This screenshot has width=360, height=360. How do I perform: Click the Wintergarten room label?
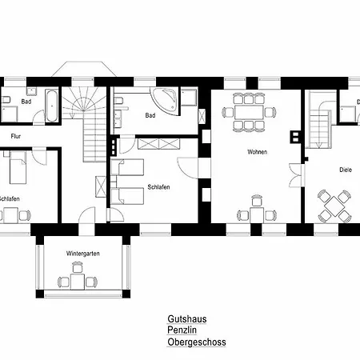[x=83, y=254]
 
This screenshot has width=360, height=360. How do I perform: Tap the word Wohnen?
[x=257, y=152]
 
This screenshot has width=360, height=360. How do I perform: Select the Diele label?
[x=346, y=170]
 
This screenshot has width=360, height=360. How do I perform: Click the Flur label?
[x=16, y=136]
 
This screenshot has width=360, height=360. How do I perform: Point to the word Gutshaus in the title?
[x=187, y=319]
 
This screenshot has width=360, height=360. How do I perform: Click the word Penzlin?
[x=182, y=330]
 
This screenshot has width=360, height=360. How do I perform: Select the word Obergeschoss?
[x=197, y=342]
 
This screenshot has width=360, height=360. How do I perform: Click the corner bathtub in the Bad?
[x=164, y=102]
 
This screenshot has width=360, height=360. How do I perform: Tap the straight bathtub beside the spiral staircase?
[x=52, y=106]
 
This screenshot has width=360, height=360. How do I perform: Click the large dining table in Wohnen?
[x=249, y=112]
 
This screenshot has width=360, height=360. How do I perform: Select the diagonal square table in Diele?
[x=334, y=206]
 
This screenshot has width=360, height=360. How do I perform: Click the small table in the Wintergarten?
[x=78, y=282]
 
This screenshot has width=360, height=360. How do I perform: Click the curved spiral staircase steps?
[x=84, y=102]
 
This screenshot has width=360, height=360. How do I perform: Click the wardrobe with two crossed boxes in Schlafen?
[x=158, y=144]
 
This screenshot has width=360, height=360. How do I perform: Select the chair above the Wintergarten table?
[x=78, y=267]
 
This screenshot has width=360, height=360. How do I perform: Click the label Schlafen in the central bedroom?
[x=158, y=187]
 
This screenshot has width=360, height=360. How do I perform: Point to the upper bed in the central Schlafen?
[x=127, y=167]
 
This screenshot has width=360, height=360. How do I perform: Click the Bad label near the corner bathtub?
[x=150, y=115]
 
